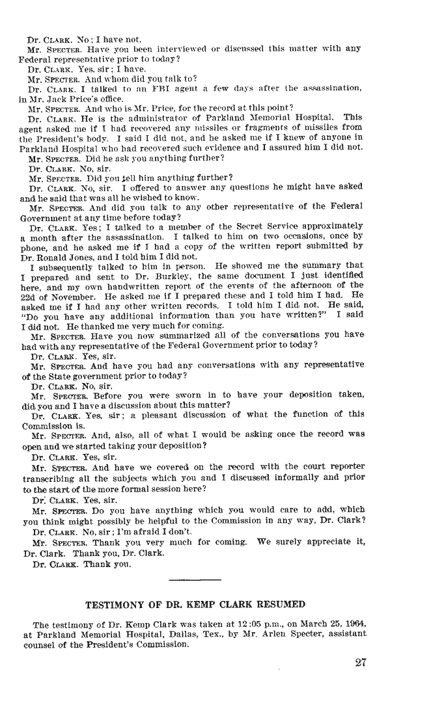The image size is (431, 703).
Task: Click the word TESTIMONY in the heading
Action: click(118, 604)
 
